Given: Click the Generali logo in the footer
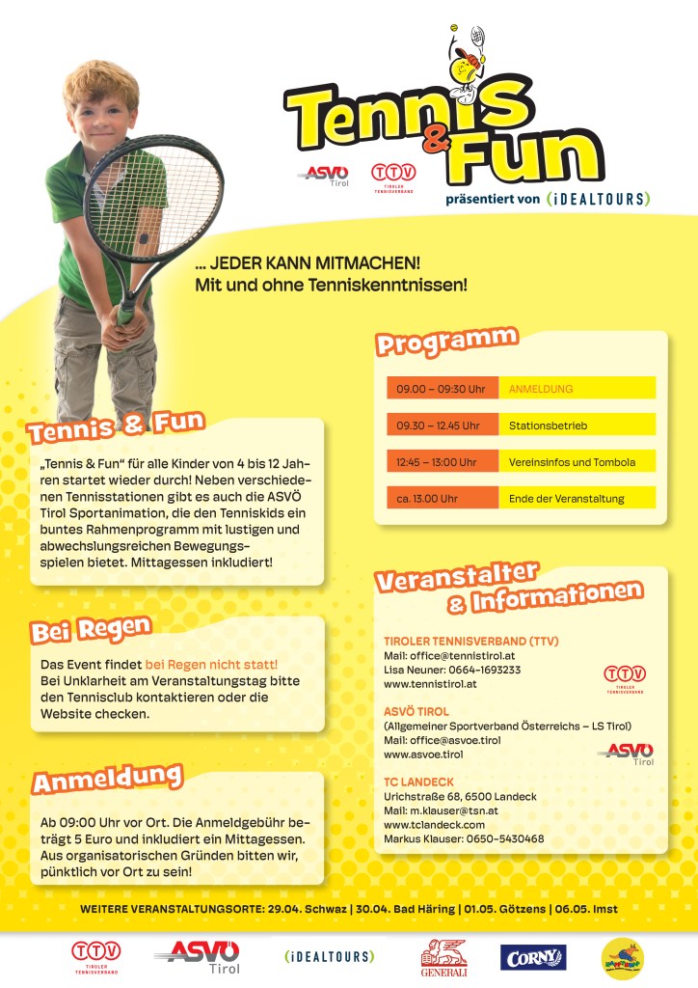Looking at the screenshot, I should [444, 959].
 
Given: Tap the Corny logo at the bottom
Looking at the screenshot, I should [533, 957].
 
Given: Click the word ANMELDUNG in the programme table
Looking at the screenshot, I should [541, 388].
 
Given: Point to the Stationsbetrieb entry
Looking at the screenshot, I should [548, 425].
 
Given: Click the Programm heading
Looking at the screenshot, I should [446, 342].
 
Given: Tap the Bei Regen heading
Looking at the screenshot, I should [91, 630].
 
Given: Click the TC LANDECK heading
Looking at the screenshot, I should [418, 782].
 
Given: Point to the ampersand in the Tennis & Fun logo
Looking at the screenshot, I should [436, 140].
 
